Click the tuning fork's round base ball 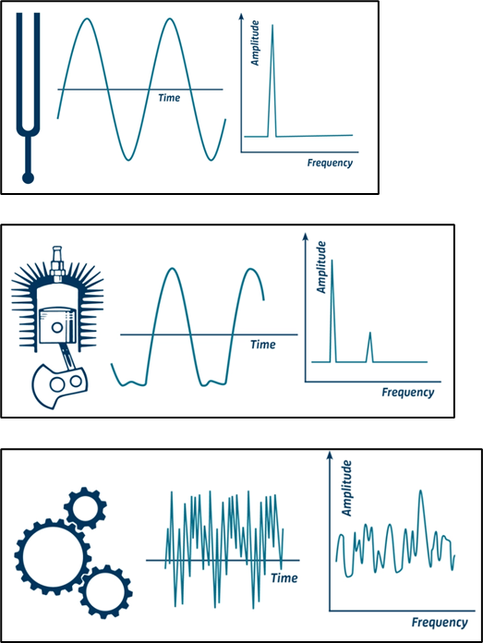[x=28, y=177]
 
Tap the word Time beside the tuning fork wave [x=169, y=98]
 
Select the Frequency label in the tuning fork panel [x=330, y=163]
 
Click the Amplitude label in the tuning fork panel [x=255, y=43]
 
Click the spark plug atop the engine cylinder [x=57, y=263]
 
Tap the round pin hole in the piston [x=57, y=327]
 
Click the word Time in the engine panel [x=263, y=345]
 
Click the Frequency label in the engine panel [x=407, y=393]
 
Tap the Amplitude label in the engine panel [x=321, y=267]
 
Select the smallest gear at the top [x=86, y=508]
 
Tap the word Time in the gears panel [x=284, y=577]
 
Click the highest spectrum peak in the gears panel [x=420, y=491]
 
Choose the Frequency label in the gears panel [x=440, y=623]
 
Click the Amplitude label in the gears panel [x=347, y=488]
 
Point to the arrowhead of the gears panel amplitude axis [x=330, y=455]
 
